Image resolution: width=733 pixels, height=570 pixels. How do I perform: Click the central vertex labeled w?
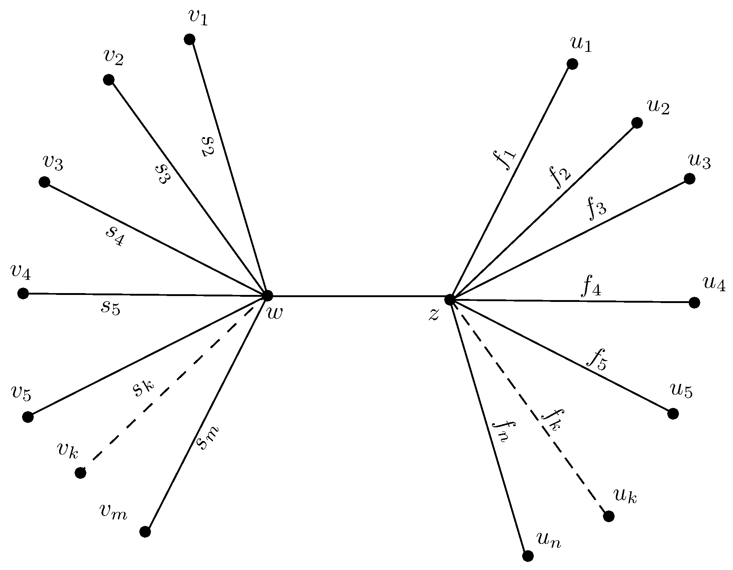coord(267,295)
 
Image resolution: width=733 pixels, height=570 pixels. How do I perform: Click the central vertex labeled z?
coord(449,299)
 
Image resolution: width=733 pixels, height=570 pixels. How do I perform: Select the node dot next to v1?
coord(189,39)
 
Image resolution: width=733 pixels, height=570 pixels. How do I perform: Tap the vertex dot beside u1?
coord(572,64)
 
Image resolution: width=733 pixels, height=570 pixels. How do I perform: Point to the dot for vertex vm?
coord(145,531)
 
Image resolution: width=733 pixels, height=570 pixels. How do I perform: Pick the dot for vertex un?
coord(528,556)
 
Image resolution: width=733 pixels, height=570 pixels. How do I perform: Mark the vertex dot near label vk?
coord(80,473)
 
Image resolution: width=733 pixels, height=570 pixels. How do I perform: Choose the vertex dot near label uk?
coord(609,516)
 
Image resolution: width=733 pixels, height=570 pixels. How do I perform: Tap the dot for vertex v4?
coord(23,293)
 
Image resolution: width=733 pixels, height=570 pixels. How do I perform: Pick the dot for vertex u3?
coord(690,179)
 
